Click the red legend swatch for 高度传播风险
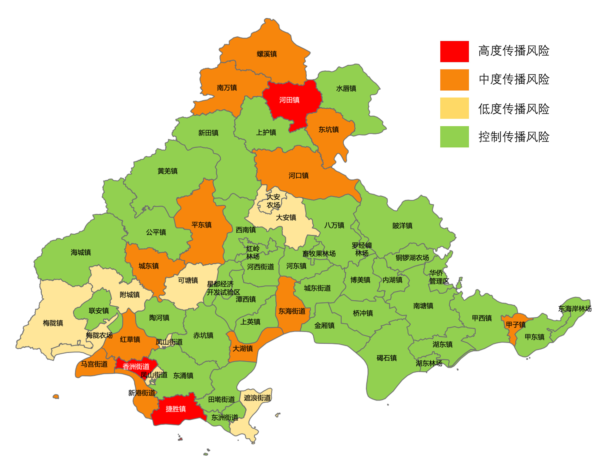click(x=454, y=51)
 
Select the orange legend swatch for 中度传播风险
click(x=454, y=80)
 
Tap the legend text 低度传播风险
click(x=514, y=109)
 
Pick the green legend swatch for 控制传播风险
click(x=454, y=137)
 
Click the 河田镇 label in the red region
click(x=289, y=100)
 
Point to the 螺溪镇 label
click(x=267, y=54)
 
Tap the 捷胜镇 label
click(x=176, y=409)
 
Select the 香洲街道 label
click(x=136, y=367)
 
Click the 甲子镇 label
click(x=516, y=325)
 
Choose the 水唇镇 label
click(x=346, y=88)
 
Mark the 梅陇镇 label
click(x=53, y=323)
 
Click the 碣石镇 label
click(x=387, y=358)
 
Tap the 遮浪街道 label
click(x=257, y=398)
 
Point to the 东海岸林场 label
click(x=575, y=309)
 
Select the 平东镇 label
click(x=201, y=225)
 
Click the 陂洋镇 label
click(x=402, y=225)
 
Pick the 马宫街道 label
click(x=94, y=364)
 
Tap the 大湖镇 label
click(x=243, y=348)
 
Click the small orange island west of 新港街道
click(x=56, y=397)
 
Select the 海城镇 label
click(x=81, y=252)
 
